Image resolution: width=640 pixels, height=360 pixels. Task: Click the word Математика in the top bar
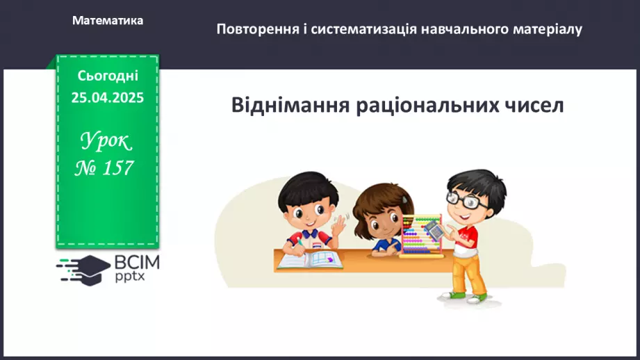click(108, 21)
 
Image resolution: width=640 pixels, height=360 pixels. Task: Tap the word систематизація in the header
click(362, 30)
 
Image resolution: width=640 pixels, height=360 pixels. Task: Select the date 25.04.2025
click(108, 98)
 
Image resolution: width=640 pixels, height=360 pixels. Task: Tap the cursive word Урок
click(106, 142)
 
